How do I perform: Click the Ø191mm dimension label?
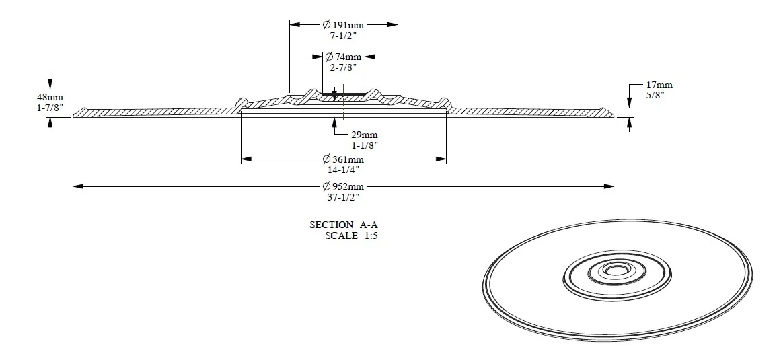click(343, 24)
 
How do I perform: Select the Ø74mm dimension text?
click(343, 57)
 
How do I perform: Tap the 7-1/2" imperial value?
click(343, 35)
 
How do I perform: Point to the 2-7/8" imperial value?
click(343, 67)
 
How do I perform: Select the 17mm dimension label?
click(659, 85)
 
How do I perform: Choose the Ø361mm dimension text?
click(343, 159)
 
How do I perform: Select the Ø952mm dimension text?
click(343, 186)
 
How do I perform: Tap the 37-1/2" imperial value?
click(343, 197)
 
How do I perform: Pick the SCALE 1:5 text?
click(351, 236)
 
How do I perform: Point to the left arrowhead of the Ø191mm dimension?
click(294, 24)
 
